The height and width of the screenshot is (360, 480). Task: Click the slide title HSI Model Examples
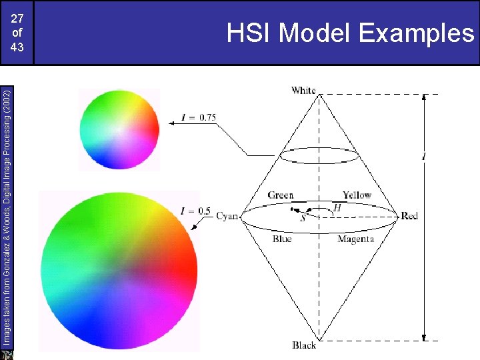coord(349,32)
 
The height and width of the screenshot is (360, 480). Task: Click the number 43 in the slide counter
coord(17,47)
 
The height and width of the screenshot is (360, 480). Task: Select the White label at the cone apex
coord(303,90)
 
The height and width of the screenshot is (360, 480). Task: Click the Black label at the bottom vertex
coord(304,345)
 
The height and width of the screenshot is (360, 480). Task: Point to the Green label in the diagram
coord(281,195)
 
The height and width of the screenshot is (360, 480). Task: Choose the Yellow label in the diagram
coord(357,195)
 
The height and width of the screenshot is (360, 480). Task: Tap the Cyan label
coord(227,216)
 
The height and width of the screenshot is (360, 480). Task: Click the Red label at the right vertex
coord(409,216)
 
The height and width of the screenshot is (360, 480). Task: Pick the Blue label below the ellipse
coord(282,239)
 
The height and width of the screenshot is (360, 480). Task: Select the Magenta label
coord(355,239)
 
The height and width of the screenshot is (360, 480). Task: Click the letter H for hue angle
coord(337,208)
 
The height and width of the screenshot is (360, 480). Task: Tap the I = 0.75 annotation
coord(199,118)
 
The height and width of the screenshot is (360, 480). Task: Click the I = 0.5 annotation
coord(196,211)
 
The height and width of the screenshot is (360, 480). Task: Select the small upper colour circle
coord(119,129)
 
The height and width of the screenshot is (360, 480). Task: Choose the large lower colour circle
coord(119,270)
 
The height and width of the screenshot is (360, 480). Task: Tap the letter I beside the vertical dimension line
coord(424,157)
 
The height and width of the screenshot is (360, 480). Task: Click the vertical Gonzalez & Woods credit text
coord(6,213)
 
